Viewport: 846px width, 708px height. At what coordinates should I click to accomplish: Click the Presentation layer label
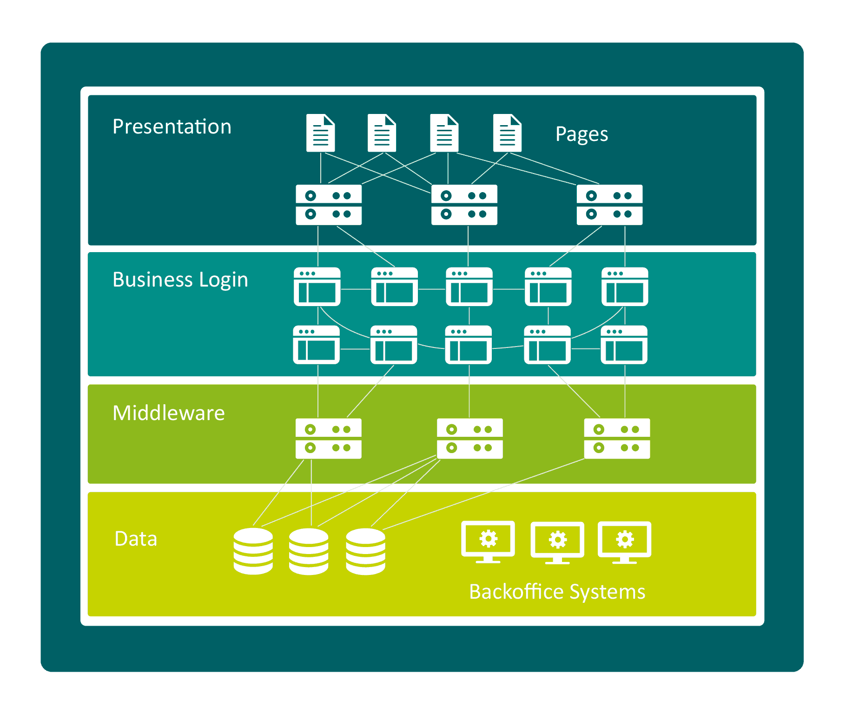click(172, 127)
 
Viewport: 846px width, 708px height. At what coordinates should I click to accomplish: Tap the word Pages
click(582, 134)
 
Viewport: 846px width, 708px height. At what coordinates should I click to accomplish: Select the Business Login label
click(180, 280)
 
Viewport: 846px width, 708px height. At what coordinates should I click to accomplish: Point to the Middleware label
click(168, 413)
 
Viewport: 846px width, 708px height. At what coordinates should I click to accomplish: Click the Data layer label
click(136, 539)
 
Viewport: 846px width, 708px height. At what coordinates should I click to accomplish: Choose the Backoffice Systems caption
click(557, 592)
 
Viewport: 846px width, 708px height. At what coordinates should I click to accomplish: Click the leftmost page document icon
click(320, 133)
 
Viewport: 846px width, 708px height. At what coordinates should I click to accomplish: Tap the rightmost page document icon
click(507, 133)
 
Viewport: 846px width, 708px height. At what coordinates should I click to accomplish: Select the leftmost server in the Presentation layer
click(329, 205)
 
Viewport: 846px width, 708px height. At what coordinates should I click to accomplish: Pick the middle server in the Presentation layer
click(464, 205)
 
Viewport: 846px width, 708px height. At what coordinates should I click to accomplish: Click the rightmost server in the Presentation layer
click(609, 205)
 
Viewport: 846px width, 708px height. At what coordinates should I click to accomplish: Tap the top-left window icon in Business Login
click(317, 287)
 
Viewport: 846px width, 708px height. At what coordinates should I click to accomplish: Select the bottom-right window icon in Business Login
click(624, 345)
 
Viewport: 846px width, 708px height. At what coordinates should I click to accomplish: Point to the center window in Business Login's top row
click(469, 287)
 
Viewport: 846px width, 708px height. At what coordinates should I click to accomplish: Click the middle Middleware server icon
click(469, 439)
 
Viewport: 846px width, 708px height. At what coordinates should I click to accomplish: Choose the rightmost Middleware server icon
click(617, 439)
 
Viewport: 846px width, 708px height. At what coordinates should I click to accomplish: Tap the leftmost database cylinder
click(253, 551)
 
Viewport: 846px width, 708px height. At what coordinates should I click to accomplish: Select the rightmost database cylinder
click(365, 551)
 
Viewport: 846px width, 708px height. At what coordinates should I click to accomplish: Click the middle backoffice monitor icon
click(557, 541)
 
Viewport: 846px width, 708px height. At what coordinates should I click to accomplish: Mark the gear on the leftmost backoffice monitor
click(488, 539)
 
